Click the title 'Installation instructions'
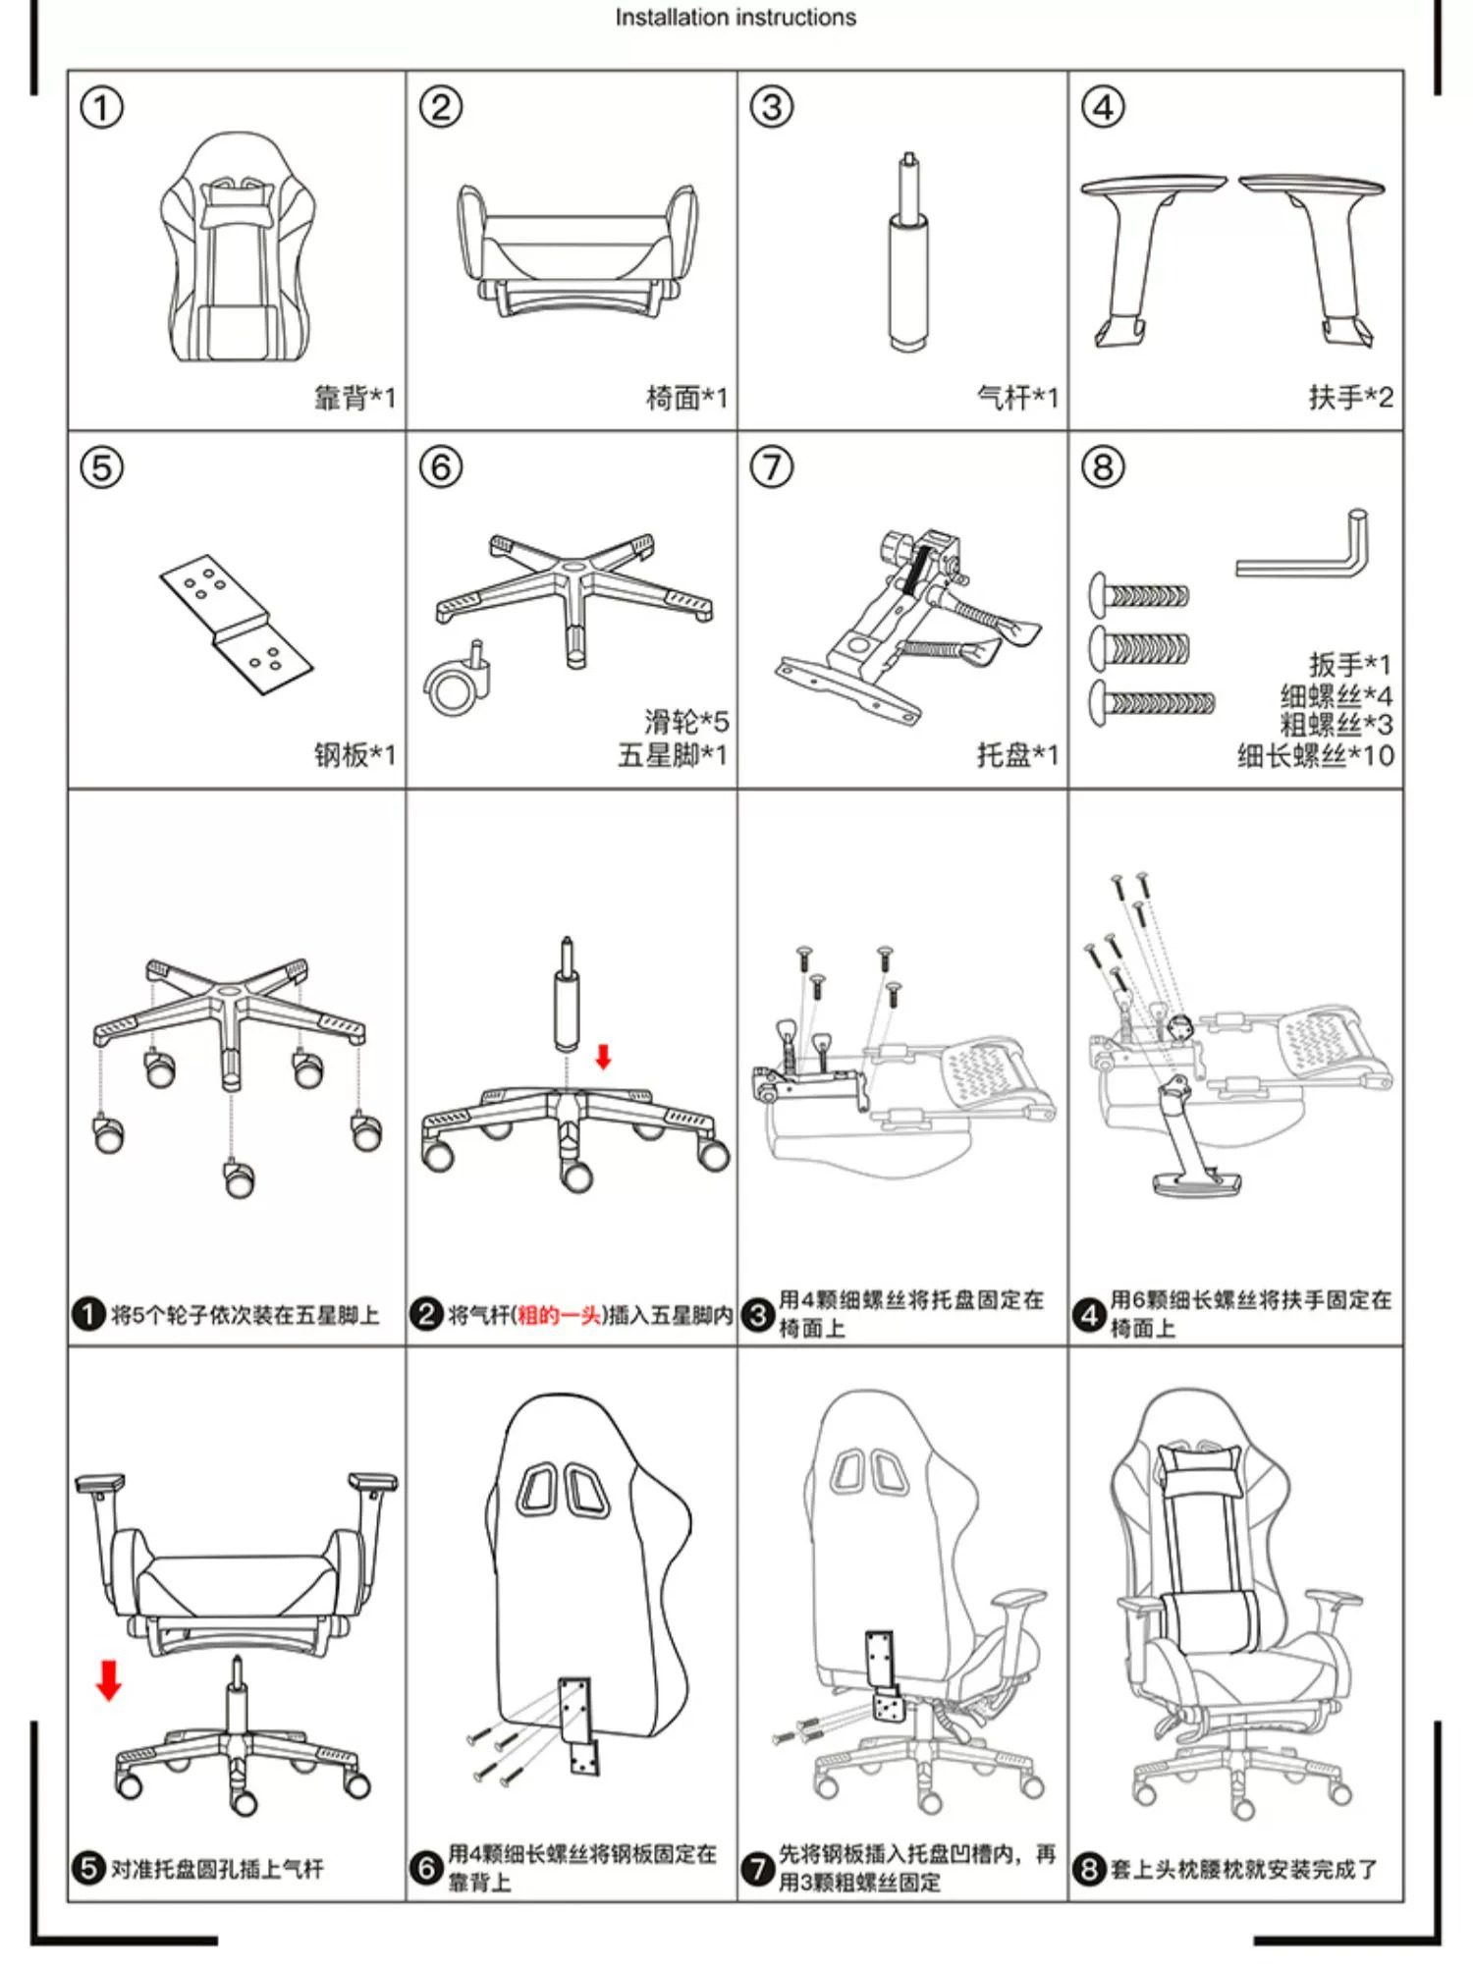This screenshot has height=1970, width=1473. tap(736, 18)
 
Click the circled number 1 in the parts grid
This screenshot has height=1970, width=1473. tap(101, 107)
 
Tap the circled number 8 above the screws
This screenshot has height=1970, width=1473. tap(1103, 466)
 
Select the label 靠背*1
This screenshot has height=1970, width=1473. tap(355, 398)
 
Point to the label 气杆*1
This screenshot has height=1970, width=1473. tap(1017, 398)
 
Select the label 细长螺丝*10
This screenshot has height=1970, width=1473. tap(1315, 755)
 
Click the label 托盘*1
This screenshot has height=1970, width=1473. tap(1017, 755)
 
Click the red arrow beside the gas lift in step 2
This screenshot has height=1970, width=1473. tap(604, 1057)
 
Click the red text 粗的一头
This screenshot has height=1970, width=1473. tap(559, 1315)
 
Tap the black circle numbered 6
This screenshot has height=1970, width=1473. tap(425, 1867)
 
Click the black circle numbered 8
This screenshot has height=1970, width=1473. tap(1088, 1868)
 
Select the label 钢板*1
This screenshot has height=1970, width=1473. tap(355, 755)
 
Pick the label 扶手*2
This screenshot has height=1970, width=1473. tap(1350, 398)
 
